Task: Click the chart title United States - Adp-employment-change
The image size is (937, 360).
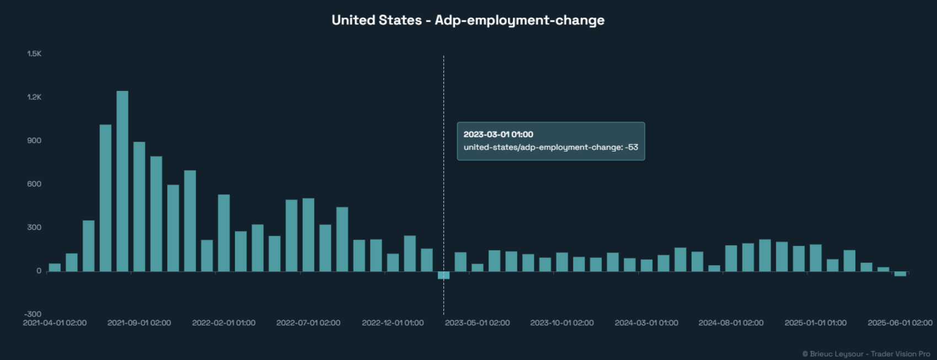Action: coord(468,20)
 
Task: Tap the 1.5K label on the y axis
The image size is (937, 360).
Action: coord(34,53)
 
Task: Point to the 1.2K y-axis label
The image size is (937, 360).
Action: coord(34,97)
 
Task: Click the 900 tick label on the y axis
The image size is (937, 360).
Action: coord(34,141)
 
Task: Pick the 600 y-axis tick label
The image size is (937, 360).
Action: coord(34,184)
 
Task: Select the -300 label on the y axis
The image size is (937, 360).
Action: coord(33,314)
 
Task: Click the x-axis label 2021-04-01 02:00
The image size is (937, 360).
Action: coord(55,323)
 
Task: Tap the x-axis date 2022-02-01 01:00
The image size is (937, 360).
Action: coord(223,323)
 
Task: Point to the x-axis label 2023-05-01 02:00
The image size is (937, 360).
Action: coord(477,323)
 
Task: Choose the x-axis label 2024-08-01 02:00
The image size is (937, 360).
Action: coord(731,323)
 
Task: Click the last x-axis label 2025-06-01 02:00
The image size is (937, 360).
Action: coord(899,323)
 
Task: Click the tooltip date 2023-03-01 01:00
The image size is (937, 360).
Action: coord(498,135)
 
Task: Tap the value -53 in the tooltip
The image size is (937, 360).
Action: coord(632,147)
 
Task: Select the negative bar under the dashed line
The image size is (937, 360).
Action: coord(443,275)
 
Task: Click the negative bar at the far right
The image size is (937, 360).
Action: coord(900,273)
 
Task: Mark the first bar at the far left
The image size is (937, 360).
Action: coord(55,267)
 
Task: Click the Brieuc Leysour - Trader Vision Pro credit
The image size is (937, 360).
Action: coord(866,354)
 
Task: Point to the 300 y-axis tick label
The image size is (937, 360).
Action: coord(34,227)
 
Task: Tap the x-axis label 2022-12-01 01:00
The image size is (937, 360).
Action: coord(393,323)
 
